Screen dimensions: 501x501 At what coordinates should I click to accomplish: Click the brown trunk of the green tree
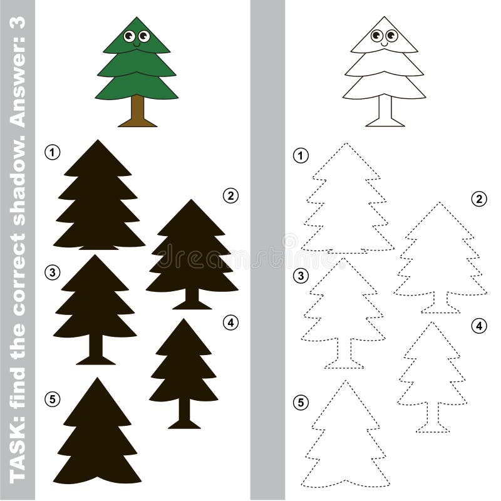click(x=137, y=113)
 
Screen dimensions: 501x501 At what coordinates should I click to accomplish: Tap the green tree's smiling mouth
click(x=136, y=43)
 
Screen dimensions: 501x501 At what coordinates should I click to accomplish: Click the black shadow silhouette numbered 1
click(x=98, y=200)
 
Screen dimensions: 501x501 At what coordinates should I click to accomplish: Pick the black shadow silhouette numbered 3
click(x=95, y=301)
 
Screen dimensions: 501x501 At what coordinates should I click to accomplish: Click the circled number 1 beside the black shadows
click(x=52, y=151)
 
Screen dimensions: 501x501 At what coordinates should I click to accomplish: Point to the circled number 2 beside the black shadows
click(x=230, y=195)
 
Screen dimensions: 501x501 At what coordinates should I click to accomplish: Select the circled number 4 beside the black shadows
click(x=230, y=323)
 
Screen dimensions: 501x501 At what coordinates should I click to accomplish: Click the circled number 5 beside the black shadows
click(x=52, y=398)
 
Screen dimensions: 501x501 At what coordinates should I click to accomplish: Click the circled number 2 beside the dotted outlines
click(x=479, y=199)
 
